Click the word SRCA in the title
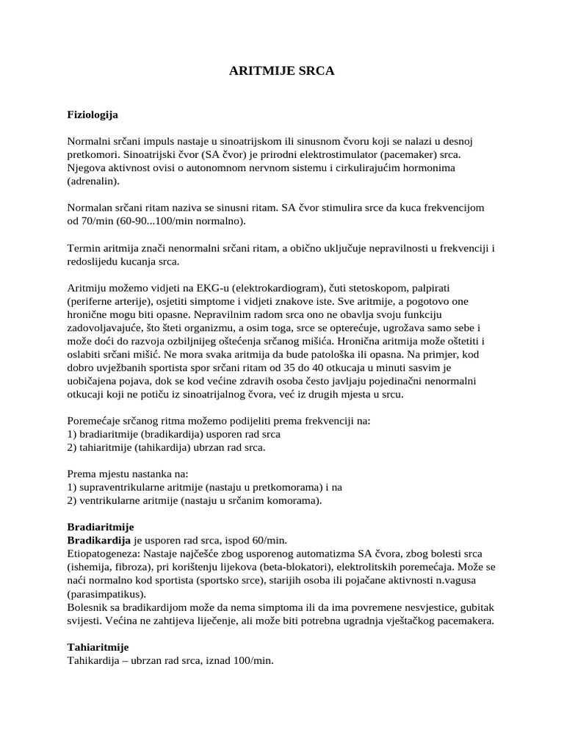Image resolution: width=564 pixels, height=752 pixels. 313,71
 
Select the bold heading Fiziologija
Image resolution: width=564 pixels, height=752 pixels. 93,115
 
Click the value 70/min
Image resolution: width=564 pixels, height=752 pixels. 98,221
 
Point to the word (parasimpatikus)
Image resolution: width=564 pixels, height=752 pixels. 106,594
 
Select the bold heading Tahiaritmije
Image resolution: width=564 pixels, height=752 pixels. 98,647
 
